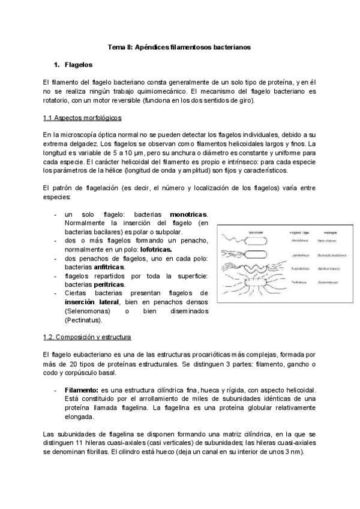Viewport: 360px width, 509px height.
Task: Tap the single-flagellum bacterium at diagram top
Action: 255,240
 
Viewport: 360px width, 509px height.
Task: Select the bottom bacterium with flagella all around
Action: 255,282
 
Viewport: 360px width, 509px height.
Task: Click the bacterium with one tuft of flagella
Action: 255,254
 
